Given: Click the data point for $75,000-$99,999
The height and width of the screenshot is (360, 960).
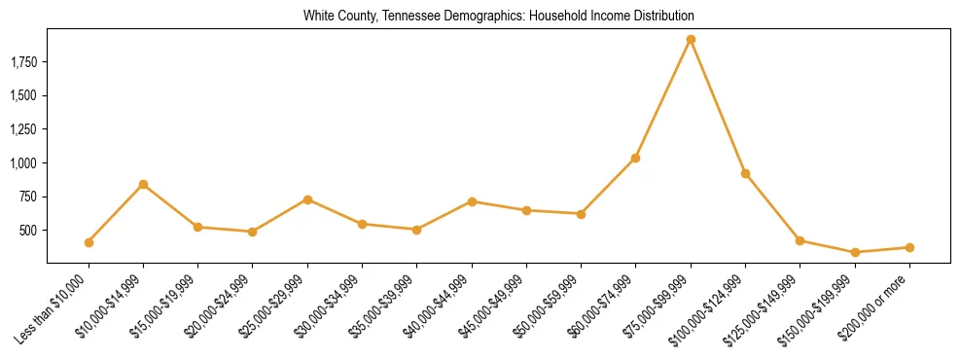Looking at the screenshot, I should pyautogui.click(x=691, y=40).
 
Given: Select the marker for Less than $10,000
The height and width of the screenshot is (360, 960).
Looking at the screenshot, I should pyautogui.click(x=89, y=242).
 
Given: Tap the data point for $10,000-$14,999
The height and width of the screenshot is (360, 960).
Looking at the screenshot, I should pyautogui.click(x=143, y=184).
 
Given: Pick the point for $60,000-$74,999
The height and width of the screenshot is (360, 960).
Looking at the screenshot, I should pyautogui.click(x=636, y=158).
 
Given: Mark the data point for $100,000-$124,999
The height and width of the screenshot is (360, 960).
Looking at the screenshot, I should pyautogui.click(x=745, y=173).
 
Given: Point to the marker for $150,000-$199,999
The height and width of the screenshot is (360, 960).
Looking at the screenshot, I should pyautogui.click(x=855, y=252).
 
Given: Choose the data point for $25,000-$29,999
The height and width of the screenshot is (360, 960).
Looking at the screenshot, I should pyautogui.click(x=307, y=199).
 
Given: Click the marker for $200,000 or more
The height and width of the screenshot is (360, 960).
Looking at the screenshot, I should pyautogui.click(x=909, y=247).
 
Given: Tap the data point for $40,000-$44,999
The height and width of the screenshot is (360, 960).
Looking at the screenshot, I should pyautogui.click(x=472, y=201).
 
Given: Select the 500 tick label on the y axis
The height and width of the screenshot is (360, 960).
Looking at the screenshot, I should pyautogui.click(x=29, y=231).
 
